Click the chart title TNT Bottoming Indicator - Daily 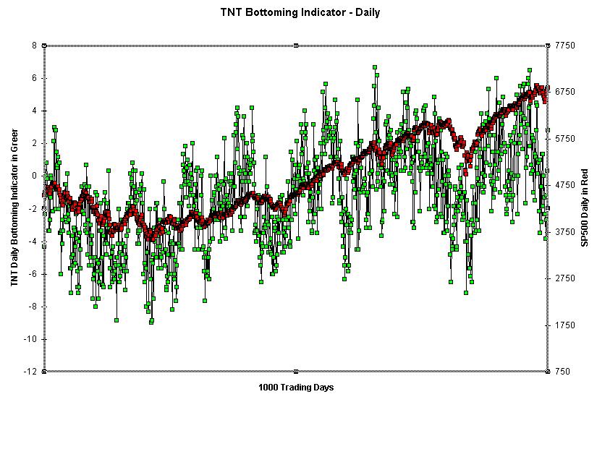pyautogui.click(x=300, y=12)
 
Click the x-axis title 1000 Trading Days pyautogui.click(x=296, y=388)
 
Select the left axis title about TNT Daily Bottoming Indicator pyautogui.click(x=14, y=208)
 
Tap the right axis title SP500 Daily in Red pyautogui.click(x=585, y=208)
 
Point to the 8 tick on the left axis pyautogui.click(x=34, y=46)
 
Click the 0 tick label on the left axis pyautogui.click(x=34, y=176)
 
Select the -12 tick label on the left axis pyautogui.click(x=31, y=372)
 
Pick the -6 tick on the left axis pyautogui.click(x=33, y=274)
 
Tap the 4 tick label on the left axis pyautogui.click(x=34, y=111)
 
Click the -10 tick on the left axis pyautogui.click(x=31, y=339)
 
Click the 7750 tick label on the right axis pyautogui.click(x=565, y=46)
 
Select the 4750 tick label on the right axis pyautogui.click(x=565, y=185)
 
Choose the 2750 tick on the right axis pyautogui.click(x=565, y=278)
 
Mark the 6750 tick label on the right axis pyautogui.click(x=565, y=92)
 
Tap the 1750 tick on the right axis pyautogui.click(x=565, y=325)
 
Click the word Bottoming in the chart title pyautogui.click(x=293, y=12)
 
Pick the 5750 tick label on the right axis pyautogui.click(x=565, y=139)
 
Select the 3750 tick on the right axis pyautogui.click(x=565, y=232)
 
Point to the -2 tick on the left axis pyautogui.click(x=33, y=209)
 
